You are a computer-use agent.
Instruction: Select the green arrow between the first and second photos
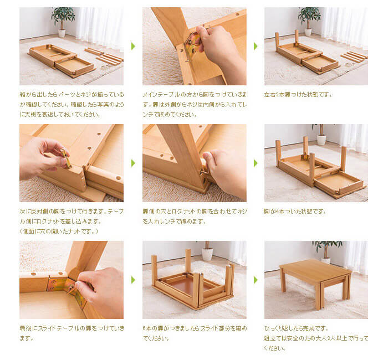[133, 46]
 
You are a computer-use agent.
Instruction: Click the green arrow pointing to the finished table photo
[256, 280]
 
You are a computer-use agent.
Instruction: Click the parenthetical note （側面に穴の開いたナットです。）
[59, 230]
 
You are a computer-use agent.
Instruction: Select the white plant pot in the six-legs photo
[207, 254]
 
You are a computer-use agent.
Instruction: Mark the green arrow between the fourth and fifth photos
[133, 163]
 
